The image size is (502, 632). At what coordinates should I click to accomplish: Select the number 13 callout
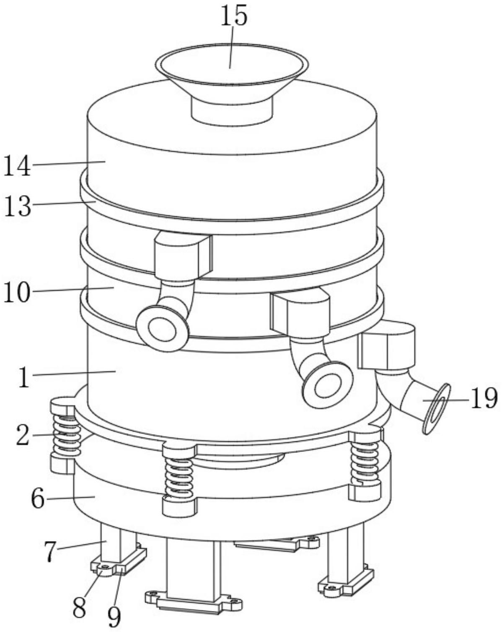click(x=17, y=206)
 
